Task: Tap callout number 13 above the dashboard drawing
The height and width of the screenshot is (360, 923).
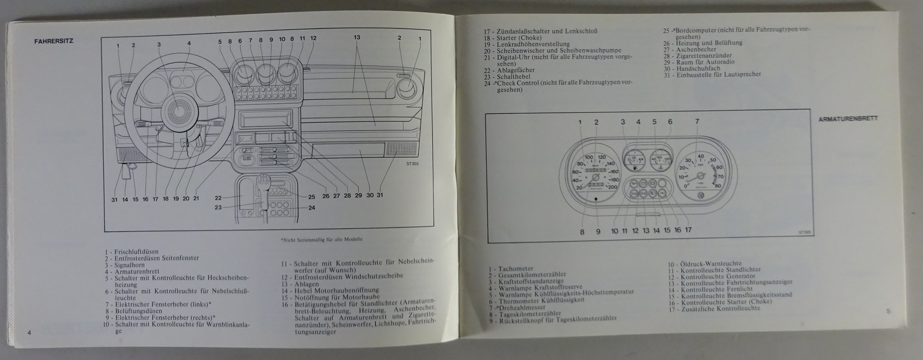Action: click(357, 37)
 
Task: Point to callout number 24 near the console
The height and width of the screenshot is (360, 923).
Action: click(311, 208)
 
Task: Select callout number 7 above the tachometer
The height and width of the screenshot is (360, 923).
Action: click(697, 122)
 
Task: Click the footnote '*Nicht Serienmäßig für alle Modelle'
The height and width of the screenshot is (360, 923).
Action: click(325, 239)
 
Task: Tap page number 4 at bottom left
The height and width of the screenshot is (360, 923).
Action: click(27, 333)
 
